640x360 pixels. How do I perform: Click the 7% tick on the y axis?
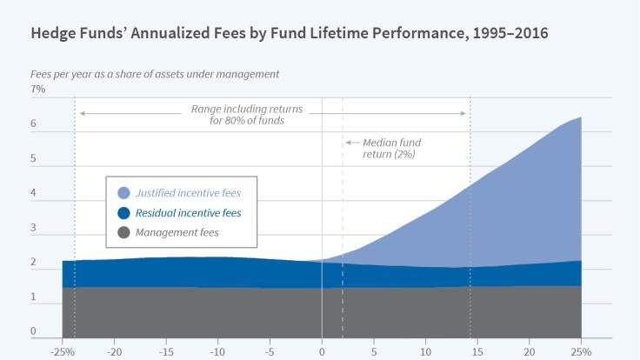pyautogui.click(x=38, y=89)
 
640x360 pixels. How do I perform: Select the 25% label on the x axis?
pyautogui.click(x=581, y=351)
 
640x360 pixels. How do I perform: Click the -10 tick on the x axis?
pyautogui.click(x=217, y=351)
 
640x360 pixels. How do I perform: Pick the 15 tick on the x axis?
pyautogui.click(x=477, y=351)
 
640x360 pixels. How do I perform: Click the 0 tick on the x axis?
pyautogui.click(x=322, y=351)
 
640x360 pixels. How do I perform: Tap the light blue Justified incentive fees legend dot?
pyautogui.click(x=123, y=193)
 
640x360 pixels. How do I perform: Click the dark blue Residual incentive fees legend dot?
pyautogui.click(x=123, y=213)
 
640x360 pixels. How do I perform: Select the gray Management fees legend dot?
pyautogui.click(x=123, y=233)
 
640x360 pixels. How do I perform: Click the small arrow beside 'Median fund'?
pyautogui.click(x=350, y=142)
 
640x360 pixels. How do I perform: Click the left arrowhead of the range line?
pyautogui.click(x=81, y=114)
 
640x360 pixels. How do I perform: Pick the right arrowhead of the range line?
pyautogui.click(x=466, y=114)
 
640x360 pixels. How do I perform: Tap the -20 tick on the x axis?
pyautogui.click(x=113, y=351)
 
